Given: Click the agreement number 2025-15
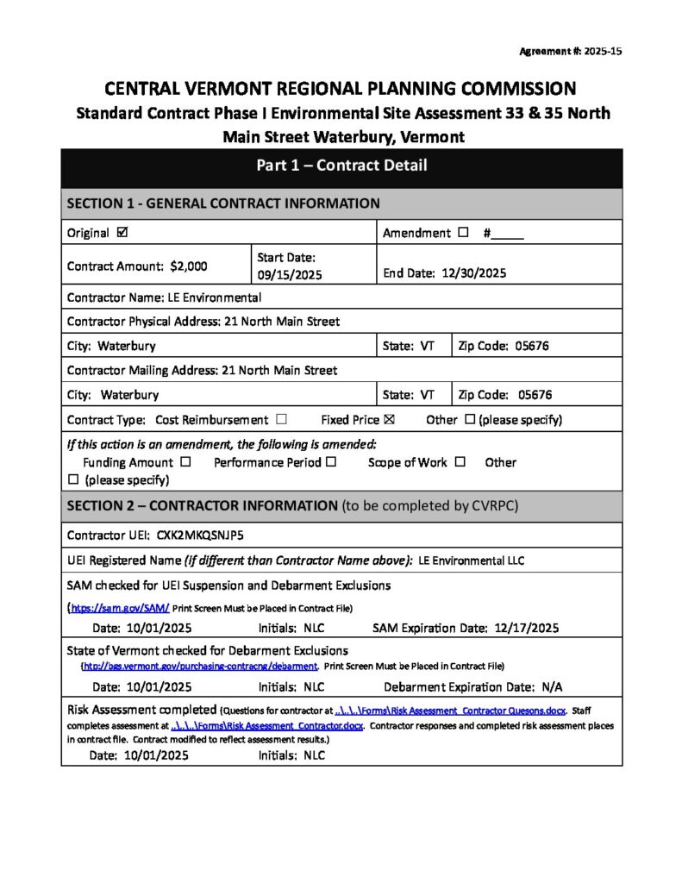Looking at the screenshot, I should pos(603,52).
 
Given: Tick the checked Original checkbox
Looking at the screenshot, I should pos(122,233).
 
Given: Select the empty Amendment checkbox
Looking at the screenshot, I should pos(463,233).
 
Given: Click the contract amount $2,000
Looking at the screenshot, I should pos(188,266).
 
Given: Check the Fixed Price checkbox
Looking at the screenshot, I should pos(389,420).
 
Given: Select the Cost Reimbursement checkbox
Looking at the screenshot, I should pos(282,420).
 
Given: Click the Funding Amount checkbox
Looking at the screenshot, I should pos(186,462).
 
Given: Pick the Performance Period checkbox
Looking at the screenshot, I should pos(331,462).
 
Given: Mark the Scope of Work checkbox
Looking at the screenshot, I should pos(460,462).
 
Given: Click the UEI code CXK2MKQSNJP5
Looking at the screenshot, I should pos(200,535).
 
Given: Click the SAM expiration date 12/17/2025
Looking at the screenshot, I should pos(522,628).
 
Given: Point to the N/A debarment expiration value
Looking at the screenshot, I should pos(552,687).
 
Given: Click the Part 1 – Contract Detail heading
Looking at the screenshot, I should pos(341,166).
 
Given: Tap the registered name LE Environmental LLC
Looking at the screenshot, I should pos(472,560).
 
